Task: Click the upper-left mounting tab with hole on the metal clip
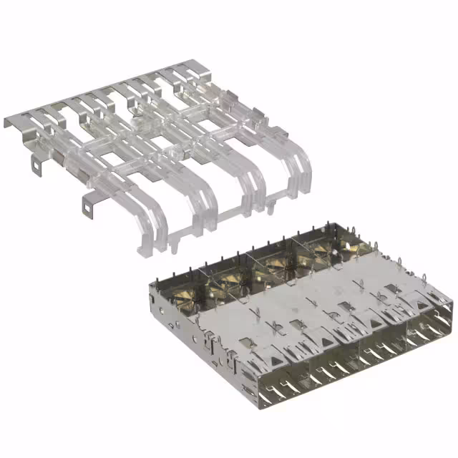tap(36, 164)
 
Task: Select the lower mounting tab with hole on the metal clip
tap(88, 207)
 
